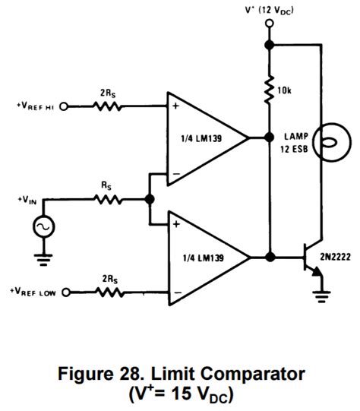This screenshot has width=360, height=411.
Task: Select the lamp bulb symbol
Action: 322,141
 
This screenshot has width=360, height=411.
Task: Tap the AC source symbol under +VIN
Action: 43,226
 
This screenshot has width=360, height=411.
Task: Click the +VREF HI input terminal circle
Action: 64,106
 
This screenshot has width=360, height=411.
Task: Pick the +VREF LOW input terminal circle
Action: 64,292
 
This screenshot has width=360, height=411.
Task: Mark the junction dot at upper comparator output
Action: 269,138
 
